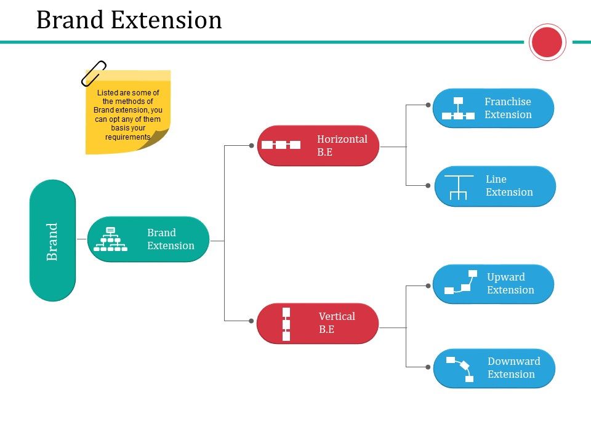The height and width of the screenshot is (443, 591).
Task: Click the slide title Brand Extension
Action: (129, 20)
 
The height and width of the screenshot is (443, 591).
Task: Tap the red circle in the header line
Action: (547, 42)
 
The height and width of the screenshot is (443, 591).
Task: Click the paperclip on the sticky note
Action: (94, 73)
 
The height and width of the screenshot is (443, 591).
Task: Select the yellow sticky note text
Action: (127, 114)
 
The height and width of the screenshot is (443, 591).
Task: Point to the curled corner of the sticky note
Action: (161, 140)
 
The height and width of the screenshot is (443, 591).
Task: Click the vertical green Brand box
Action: (52, 241)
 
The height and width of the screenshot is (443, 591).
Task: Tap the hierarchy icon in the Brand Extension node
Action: (111, 239)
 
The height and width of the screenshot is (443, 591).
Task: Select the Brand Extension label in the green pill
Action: (171, 239)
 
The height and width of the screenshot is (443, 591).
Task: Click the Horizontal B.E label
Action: (342, 145)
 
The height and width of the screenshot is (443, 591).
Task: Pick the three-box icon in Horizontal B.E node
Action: (281, 145)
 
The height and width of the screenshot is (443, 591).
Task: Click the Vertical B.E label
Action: (337, 322)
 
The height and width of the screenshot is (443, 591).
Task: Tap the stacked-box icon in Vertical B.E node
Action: (286, 324)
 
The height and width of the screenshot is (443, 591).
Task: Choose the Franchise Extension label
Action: (508, 108)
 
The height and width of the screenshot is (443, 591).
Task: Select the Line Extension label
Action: (509, 186)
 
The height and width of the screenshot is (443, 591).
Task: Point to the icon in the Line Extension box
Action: (459, 187)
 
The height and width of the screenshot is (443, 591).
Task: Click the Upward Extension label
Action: (510, 284)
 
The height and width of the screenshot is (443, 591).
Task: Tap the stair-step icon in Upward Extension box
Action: (461, 282)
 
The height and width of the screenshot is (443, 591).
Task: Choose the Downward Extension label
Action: (513, 368)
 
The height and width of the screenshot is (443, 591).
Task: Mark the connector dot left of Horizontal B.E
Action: (251, 146)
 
